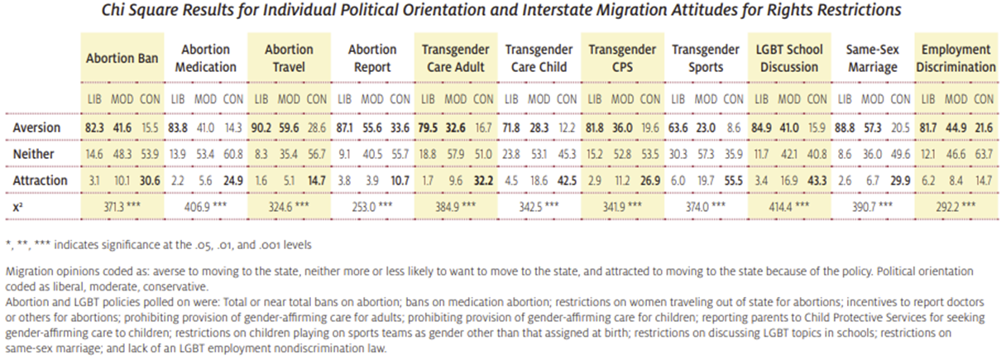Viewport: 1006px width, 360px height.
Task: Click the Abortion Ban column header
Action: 122,58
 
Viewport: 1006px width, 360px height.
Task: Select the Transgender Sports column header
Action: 704,58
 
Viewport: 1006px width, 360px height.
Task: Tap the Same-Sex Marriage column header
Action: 872,58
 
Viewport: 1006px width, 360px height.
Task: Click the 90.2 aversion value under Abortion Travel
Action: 261,128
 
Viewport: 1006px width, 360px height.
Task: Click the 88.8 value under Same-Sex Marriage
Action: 844,128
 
